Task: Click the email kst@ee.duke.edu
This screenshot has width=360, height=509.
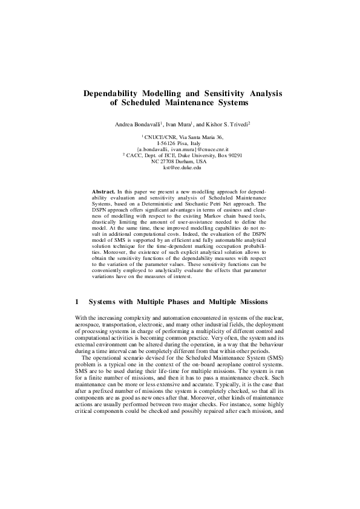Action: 180,168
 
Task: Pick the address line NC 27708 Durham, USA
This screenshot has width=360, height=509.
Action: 180,162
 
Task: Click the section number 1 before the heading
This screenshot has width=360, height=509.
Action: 76,301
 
